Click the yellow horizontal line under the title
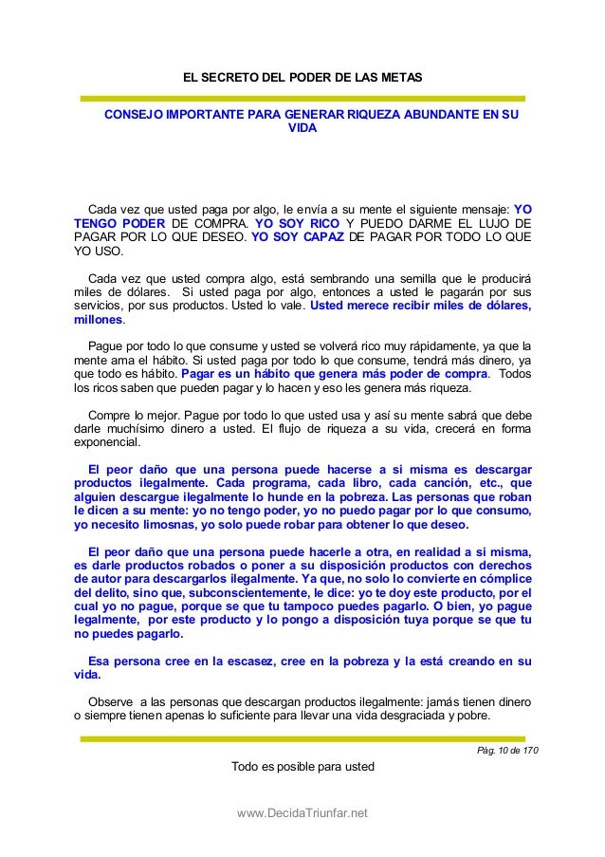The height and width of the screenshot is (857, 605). point(302,97)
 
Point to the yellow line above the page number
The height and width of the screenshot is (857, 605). point(302,737)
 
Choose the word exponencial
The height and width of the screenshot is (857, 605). point(106,442)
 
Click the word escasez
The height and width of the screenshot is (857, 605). point(220,661)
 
